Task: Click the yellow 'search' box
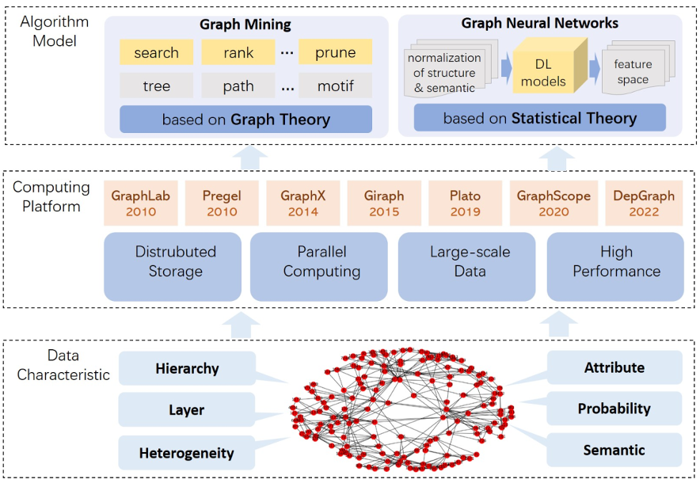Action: coord(156,53)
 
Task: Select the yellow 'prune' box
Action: coord(335,53)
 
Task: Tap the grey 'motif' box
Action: coord(335,86)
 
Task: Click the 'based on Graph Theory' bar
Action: coord(245,120)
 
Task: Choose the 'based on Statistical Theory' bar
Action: coord(539,119)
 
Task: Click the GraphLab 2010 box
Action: coord(137,203)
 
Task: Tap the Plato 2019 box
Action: coord(465,203)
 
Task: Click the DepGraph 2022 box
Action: coord(644,203)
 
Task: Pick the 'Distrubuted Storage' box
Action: coord(175,262)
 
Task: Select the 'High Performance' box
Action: coord(616,262)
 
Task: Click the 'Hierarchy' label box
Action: coord(187,368)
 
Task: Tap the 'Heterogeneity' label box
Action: coord(187,453)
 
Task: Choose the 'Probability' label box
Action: coord(614,409)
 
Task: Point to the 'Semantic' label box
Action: coord(614,450)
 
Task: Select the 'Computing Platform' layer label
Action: coord(51,197)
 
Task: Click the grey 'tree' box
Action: coord(156,86)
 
